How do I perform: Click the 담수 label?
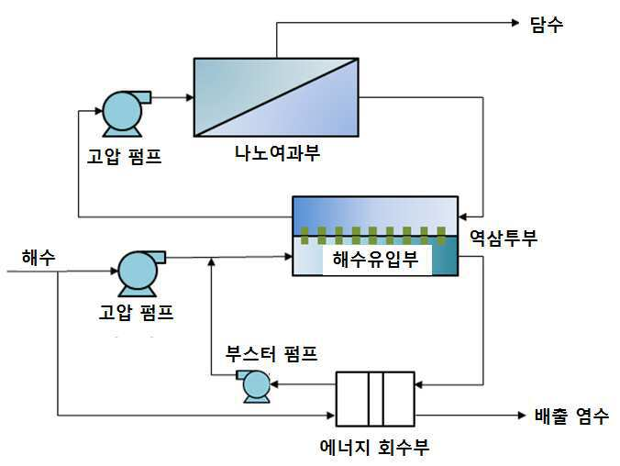pos(547,25)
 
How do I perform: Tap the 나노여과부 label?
pos(277,153)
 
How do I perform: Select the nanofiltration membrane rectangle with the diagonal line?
pos(276,97)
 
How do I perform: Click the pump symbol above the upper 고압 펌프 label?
pos(124,114)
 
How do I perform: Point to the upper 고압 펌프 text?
pos(124,156)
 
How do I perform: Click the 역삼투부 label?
pos(504,238)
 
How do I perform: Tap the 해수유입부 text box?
pos(376,260)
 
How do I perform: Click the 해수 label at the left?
pos(39,258)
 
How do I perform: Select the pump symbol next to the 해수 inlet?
pos(140,273)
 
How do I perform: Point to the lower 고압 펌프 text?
pos(136,312)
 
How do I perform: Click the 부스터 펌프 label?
pos(271,353)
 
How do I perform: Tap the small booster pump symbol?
pos(255,386)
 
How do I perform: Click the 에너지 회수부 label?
pos(374,447)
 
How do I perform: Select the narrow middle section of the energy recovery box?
pos(376,399)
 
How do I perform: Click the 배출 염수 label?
pos(571,416)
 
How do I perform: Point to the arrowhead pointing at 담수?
pos(515,23)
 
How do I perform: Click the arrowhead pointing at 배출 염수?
pos(522,416)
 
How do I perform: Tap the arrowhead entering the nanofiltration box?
pos(190,97)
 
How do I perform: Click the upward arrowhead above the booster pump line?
pos(212,261)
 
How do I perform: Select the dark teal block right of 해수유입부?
pos(445,256)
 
